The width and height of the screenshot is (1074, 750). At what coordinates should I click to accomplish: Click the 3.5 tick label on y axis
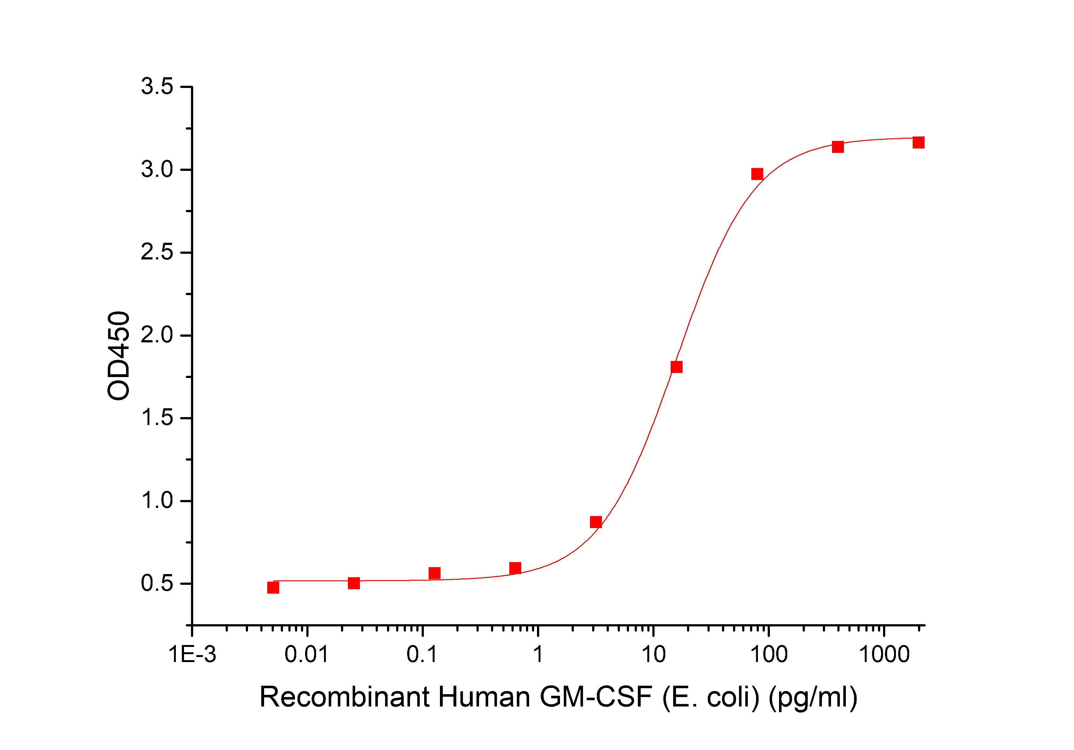[x=157, y=88]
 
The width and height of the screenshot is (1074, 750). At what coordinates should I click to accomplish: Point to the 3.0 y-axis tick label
[x=157, y=170]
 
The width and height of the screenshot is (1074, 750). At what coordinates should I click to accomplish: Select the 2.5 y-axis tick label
[x=157, y=253]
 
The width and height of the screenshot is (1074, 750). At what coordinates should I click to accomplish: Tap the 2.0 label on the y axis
[x=157, y=335]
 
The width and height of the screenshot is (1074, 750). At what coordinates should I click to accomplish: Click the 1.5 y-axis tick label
[x=157, y=418]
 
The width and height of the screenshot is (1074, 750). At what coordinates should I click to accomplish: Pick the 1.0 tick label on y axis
[x=157, y=501]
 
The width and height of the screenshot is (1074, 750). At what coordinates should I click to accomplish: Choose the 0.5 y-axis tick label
[x=157, y=584]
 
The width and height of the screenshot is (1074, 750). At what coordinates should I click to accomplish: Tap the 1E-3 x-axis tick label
[x=192, y=655]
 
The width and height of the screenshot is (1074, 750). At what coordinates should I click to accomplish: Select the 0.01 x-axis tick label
[x=307, y=655]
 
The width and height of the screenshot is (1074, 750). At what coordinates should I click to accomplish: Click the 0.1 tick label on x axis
[x=422, y=655]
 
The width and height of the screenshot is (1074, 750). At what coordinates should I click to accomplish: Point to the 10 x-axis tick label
[x=653, y=655]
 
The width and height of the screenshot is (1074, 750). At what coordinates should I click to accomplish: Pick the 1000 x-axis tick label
[x=884, y=655]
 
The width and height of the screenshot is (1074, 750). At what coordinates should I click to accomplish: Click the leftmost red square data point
[x=273, y=588]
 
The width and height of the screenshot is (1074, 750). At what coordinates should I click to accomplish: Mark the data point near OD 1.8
[x=676, y=367]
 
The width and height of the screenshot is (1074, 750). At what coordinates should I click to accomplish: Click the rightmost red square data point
[x=918, y=142]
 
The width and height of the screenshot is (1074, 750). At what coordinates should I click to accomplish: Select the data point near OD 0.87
[x=596, y=522]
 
